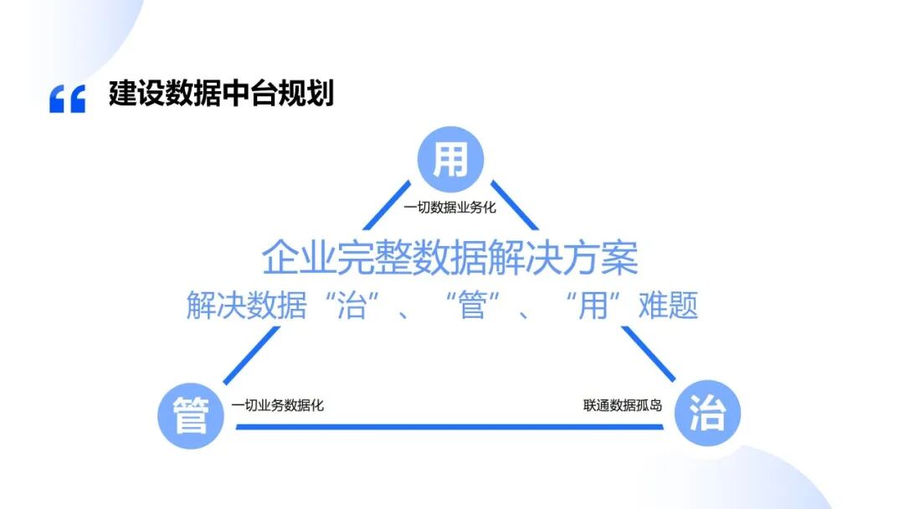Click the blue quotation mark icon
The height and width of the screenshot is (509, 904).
coord(67,99)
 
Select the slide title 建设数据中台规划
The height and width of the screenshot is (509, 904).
coord(221,94)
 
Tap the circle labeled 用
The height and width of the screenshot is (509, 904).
coord(452,160)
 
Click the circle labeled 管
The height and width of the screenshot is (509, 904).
coord(190,415)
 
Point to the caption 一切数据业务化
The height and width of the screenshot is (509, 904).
coord(450,207)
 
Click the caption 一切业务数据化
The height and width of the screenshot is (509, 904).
coord(278,405)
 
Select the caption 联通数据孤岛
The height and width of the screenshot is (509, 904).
coord(623,405)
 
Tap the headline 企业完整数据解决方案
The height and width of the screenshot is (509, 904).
coord(450,258)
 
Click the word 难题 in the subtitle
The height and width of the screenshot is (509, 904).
coord(667,306)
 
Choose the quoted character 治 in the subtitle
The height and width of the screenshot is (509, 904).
coord(352,306)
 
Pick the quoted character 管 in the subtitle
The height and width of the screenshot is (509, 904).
coord(473,306)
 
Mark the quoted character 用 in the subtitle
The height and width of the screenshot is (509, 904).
coord(593,306)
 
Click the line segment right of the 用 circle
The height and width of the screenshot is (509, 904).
coord(514,204)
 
